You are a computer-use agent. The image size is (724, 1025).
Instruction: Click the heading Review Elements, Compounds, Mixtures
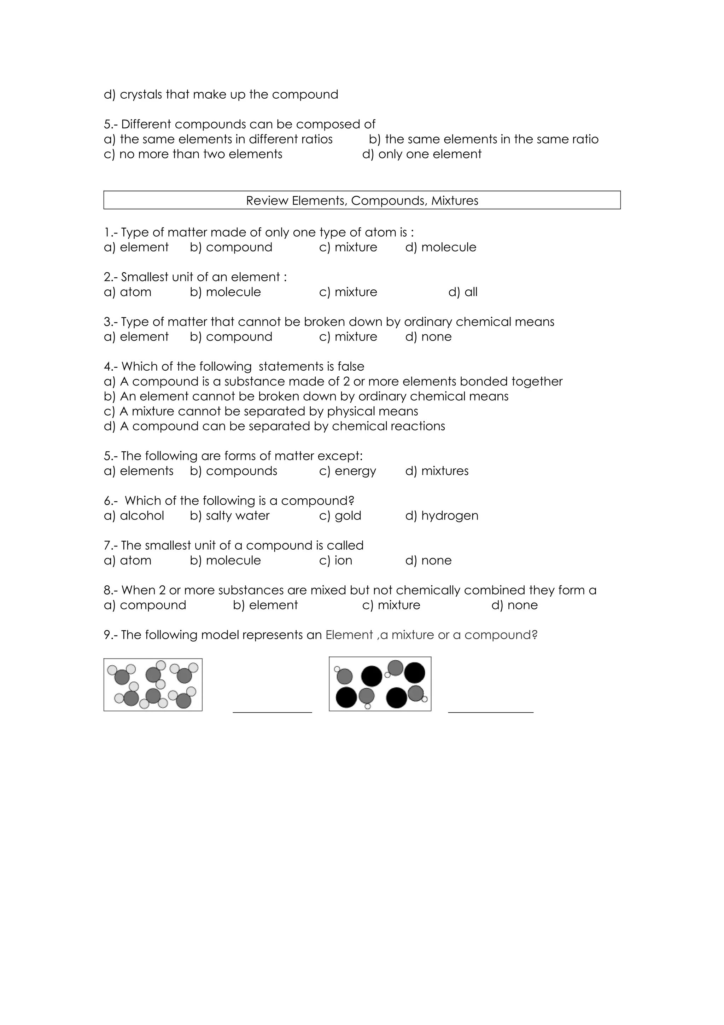click(362, 201)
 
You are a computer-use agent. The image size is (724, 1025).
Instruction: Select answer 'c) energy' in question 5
click(348, 471)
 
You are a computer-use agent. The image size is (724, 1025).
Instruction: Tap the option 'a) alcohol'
click(134, 516)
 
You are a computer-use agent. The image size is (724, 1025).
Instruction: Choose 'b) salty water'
click(229, 516)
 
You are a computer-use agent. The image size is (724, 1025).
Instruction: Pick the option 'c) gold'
click(340, 516)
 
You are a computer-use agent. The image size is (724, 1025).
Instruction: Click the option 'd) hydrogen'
click(441, 516)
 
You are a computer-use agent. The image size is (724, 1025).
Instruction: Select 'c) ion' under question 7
click(335, 560)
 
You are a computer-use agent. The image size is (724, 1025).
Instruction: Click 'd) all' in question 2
click(463, 292)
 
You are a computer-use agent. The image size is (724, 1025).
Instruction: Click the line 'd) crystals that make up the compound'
click(221, 95)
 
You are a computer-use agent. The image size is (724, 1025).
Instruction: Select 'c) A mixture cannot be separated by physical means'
click(261, 411)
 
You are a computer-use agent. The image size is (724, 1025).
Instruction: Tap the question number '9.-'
click(111, 635)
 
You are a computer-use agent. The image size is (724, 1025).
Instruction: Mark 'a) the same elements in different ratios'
click(218, 139)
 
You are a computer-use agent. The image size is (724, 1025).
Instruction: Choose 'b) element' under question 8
click(265, 606)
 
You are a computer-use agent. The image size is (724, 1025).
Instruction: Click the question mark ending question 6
click(351, 500)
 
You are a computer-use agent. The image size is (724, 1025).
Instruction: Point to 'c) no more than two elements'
click(193, 154)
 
